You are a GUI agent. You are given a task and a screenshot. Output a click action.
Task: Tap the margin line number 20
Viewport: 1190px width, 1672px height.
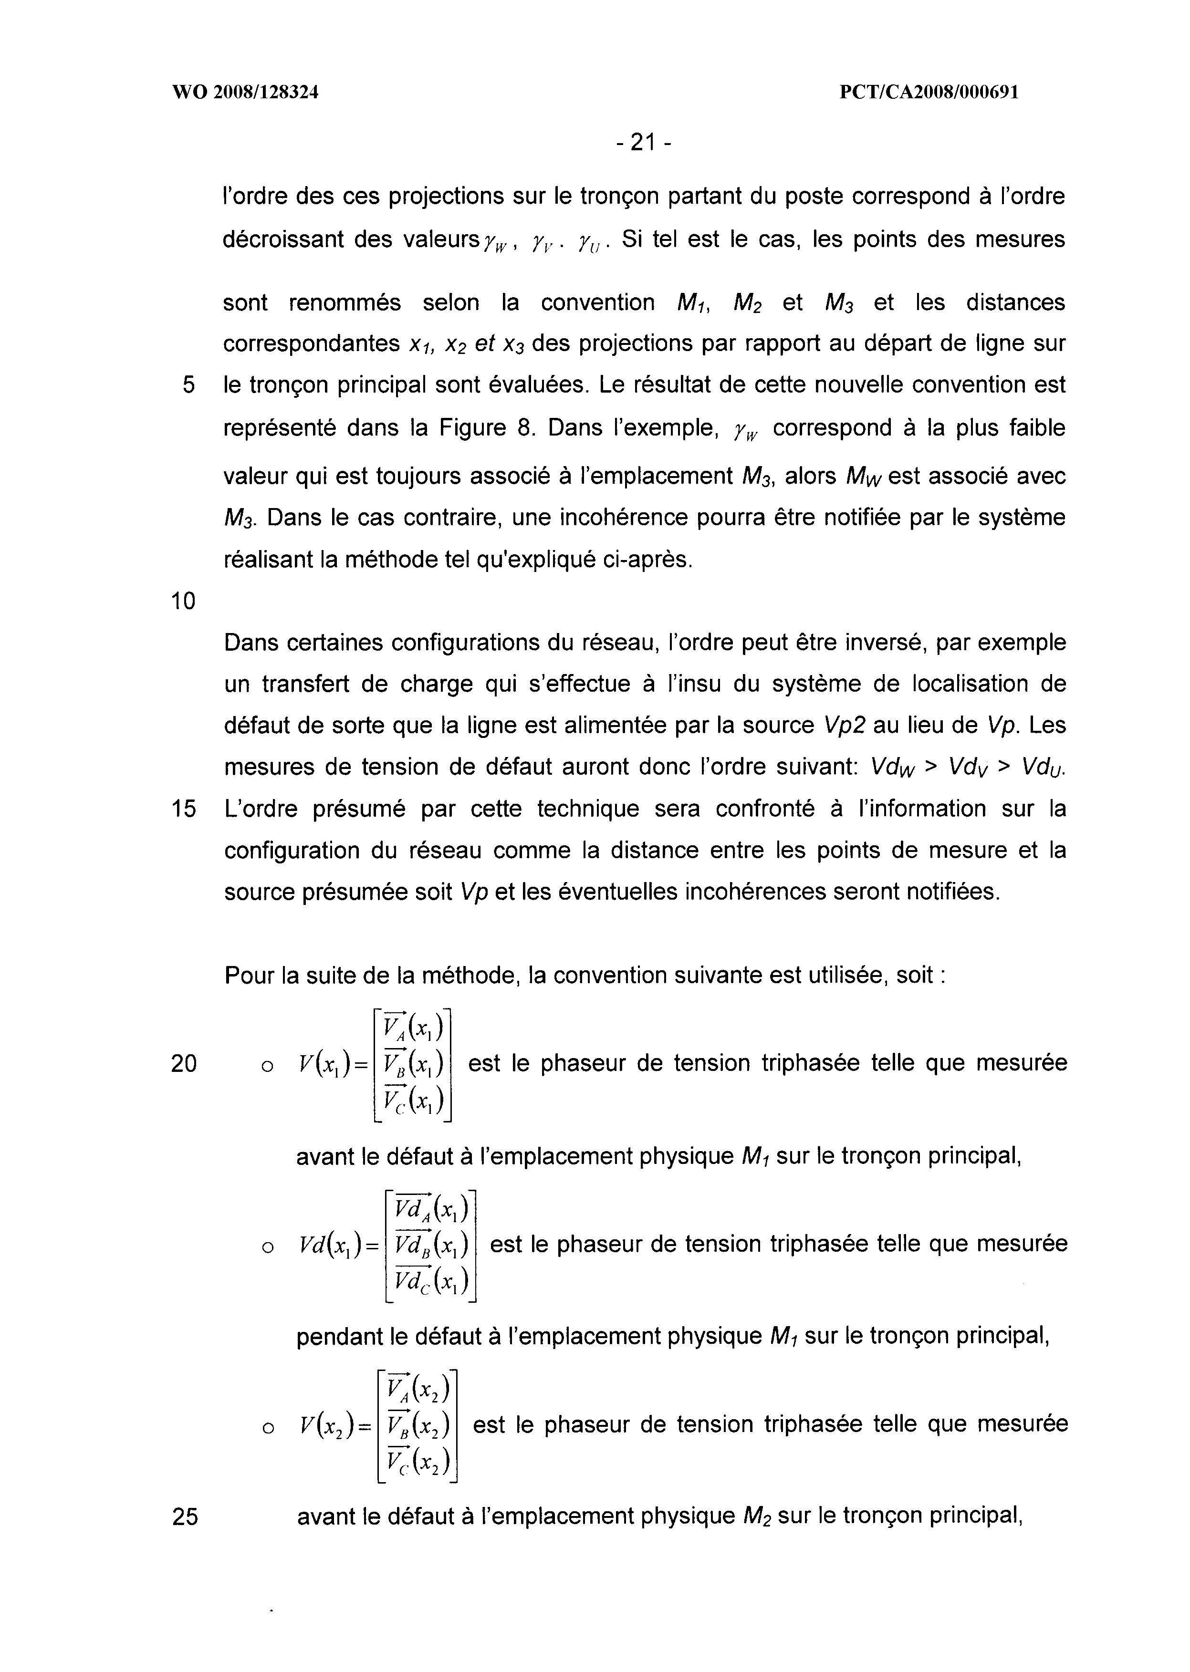coord(184,1063)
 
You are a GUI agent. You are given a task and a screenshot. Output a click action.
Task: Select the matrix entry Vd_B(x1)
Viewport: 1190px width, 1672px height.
coord(431,1244)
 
